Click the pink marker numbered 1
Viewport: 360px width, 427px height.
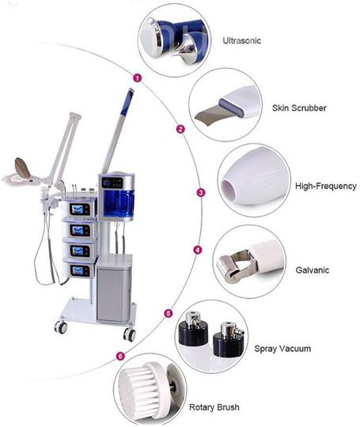click(x=138, y=78)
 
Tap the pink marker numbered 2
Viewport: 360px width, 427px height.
click(x=180, y=129)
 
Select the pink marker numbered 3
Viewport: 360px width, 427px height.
click(x=201, y=192)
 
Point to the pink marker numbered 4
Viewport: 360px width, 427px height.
click(x=198, y=250)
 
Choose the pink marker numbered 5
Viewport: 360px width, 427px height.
click(x=169, y=313)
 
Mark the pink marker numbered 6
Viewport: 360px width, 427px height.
click(x=120, y=356)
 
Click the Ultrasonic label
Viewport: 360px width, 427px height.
click(x=242, y=41)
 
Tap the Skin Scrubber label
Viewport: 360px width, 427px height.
click(x=299, y=108)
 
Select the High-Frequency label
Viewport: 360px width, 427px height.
click(x=326, y=186)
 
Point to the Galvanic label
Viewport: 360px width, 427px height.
click(x=313, y=270)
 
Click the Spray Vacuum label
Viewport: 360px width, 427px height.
click(x=282, y=349)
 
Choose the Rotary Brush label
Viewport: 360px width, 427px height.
click(x=214, y=407)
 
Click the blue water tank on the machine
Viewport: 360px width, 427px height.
click(x=118, y=202)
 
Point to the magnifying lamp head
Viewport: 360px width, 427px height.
click(x=22, y=172)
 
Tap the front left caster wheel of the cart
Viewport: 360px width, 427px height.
click(x=61, y=327)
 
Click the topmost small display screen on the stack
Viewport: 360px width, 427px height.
click(x=80, y=209)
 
